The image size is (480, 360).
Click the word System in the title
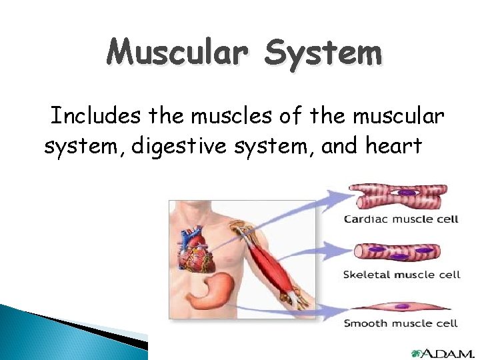pos(323,52)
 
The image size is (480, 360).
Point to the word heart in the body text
pos(393,145)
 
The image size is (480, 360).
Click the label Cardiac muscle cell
pos(401,219)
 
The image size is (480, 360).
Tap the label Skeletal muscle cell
pos(401,275)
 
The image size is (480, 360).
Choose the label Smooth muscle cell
pos(401,324)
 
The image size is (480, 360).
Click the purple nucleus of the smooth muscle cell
pos(402,307)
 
